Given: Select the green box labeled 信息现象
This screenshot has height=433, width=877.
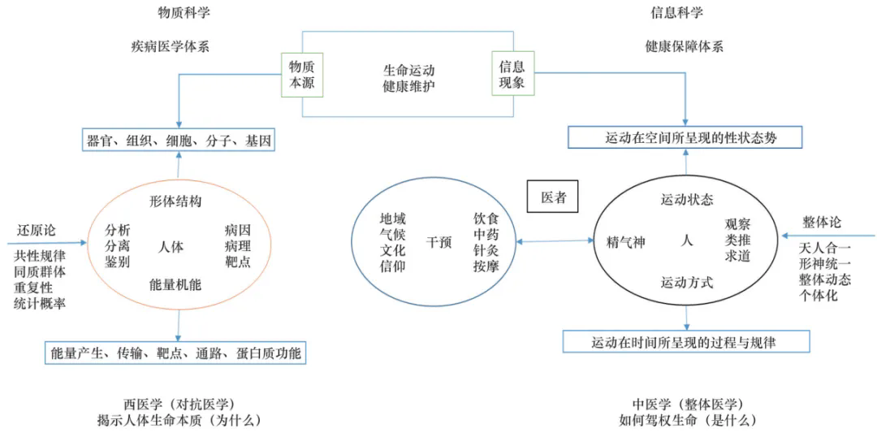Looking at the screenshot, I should (512, 74).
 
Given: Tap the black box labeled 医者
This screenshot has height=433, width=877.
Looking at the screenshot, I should (553, 197).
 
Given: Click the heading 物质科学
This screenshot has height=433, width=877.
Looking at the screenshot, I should (184, 13).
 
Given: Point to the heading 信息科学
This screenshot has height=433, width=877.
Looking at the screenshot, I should (676, 13).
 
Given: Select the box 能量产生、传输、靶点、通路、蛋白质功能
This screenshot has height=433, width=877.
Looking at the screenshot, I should (175, 353).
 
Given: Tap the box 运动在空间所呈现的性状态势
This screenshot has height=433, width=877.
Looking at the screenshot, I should (685, 138).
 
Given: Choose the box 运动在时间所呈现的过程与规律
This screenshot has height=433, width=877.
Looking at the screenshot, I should (686, 342).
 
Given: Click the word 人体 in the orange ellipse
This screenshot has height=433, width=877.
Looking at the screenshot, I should (171, 246).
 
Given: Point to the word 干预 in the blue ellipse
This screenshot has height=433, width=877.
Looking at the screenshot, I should (438, 242).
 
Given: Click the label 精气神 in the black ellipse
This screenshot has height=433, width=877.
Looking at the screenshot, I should (626, 242).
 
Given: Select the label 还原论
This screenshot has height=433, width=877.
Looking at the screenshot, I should (37, 230).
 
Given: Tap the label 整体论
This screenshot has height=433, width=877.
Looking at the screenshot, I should (822, 222).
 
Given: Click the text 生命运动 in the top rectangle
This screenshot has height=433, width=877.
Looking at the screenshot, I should (408, 69).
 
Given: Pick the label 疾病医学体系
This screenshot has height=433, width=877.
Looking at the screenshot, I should (170, 46).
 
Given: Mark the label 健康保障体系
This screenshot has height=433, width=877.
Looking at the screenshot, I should (685, 46).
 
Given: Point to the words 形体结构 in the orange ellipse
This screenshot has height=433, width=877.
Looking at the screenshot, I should (175, 201).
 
